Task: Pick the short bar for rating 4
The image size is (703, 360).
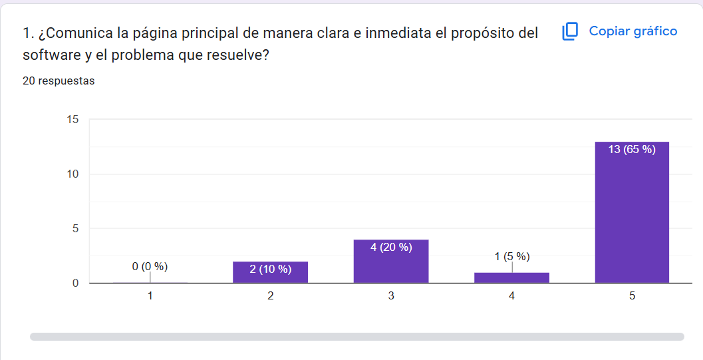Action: pyautogui.click(x=511, y=277)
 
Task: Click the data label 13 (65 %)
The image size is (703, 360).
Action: pyautogui.click(x=632, y=149)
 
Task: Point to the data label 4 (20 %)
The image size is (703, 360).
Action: pyautogui.click(x=391, y=248)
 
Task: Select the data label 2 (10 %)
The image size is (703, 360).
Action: pyautogui.click(x=270, y=270)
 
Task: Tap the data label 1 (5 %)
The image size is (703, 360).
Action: pyautogui.click(x=511, y=256)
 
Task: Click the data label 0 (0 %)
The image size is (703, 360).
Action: pyautogui.click(x=150, y=267)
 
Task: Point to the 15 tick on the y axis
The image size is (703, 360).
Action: pyautogui.click(x=72, y=120)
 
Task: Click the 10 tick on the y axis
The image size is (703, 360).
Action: pyautogui.click(x=72, y=174)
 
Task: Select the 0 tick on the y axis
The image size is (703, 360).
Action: pyautogui.click(x=75, y=283)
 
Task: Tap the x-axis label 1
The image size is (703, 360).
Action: pyautogui.click(x=150, y=297)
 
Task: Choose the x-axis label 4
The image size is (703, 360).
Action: pyautogui.click(x=511, y=297)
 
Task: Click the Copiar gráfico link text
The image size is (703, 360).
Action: pyautogui.click(x=633, y=31)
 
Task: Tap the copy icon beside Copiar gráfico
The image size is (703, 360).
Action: pyautogui.click(x=570, y=31)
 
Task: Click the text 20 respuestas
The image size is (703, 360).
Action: pyautogui.click(x=59, y=81)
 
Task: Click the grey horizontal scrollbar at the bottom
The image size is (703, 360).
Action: pyautogui.click(x=356, y=337)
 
